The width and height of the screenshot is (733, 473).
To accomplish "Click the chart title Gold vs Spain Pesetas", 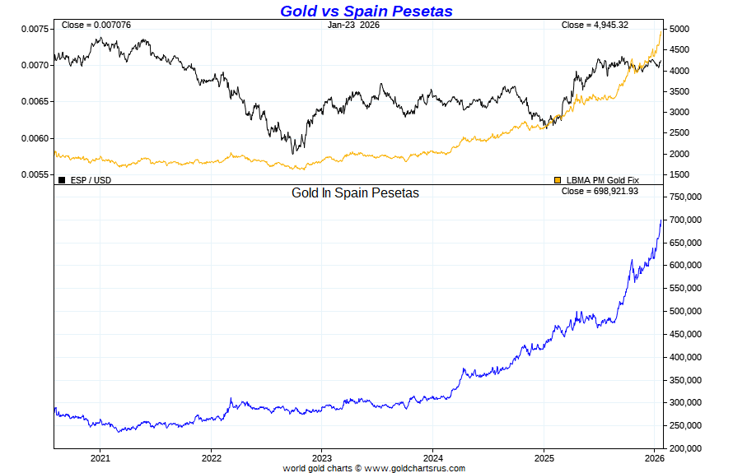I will click(366, 11).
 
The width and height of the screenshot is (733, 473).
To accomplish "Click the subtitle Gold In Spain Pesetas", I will click(355, 193).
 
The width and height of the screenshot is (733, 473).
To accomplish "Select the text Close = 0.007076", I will click(96, 25).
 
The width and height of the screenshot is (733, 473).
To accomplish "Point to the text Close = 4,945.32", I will click(595, 25).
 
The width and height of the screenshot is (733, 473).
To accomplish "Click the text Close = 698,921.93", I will click(600, 191).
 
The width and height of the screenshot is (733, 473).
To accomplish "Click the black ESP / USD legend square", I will click(62, 179).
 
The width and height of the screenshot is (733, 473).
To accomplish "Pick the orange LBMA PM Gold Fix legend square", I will click(558, 179).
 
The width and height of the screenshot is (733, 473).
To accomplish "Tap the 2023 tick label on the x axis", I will click(322, 458).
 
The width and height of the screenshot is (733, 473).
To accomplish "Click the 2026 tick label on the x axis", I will click(654, 458).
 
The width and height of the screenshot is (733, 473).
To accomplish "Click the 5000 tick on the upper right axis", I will click(680, 29).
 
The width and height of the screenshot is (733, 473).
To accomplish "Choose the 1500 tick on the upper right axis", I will click(680, 174).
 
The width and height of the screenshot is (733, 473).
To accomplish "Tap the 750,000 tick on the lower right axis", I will click(685, 197).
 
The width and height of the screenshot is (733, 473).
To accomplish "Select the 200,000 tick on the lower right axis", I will click(685, 448).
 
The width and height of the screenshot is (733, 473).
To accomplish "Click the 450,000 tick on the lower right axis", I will click(685, 334).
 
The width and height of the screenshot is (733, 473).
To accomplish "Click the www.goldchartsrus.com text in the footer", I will click(414, 468).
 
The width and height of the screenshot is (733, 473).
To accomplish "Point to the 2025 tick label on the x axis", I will click(544, 458).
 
